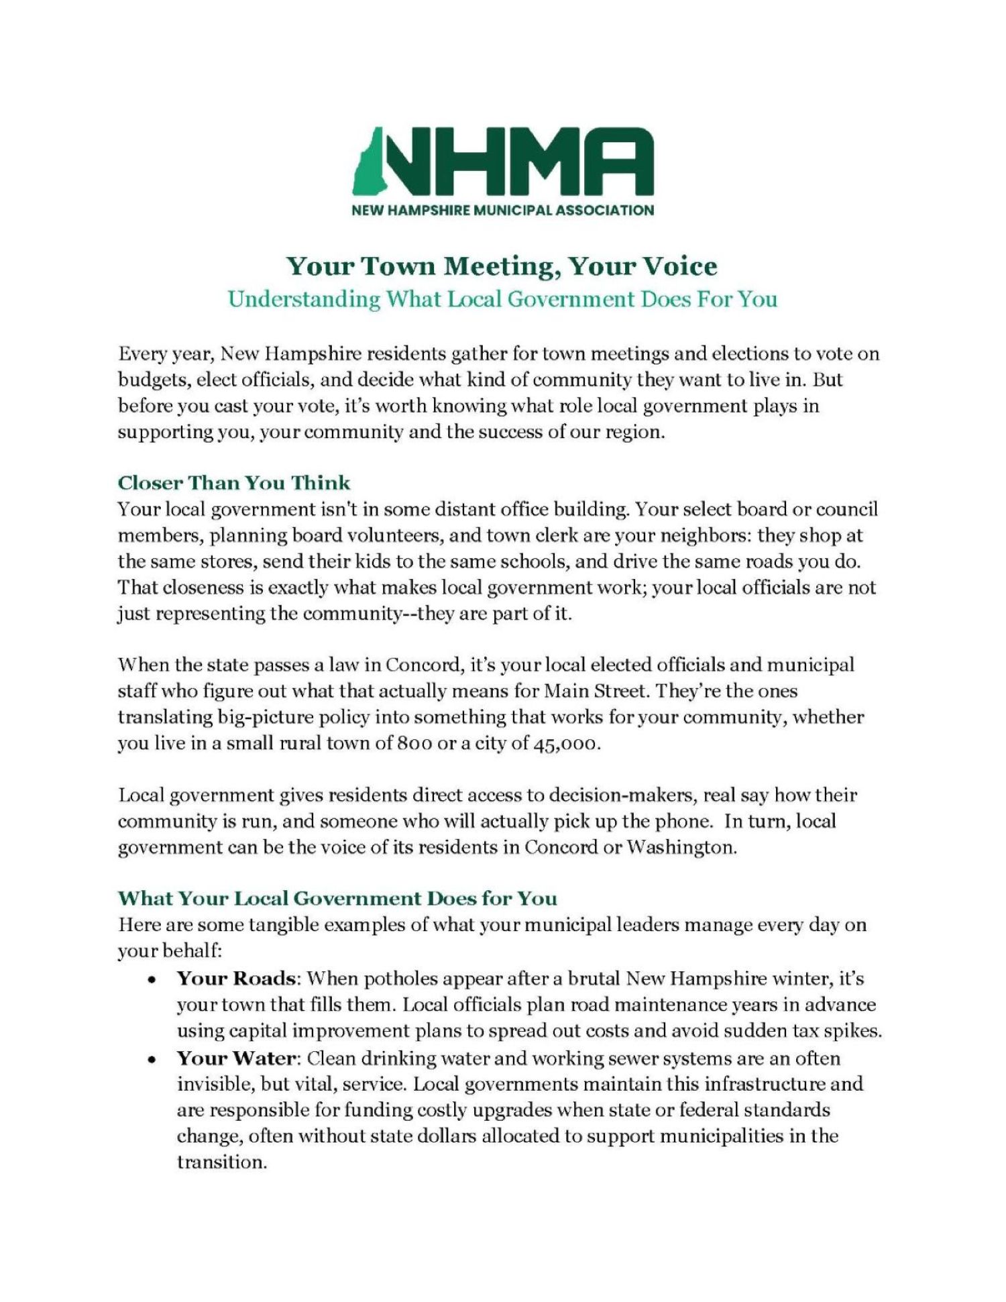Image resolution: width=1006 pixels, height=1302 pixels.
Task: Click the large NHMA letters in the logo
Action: pos(516,161)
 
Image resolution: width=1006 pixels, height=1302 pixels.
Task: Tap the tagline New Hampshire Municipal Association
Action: pos(502,211)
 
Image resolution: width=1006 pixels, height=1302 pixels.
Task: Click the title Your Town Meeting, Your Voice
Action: pos(502,266)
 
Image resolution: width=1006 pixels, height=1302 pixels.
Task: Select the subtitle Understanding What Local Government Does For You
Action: pos(502,299)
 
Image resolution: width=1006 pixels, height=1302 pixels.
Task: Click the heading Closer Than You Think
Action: pos(234,483)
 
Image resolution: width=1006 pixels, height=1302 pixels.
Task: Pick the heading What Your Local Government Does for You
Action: pos(337,898)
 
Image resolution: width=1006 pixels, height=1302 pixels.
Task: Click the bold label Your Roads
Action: pos(236,978)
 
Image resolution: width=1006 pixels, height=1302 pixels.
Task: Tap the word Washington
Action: pos(681,847)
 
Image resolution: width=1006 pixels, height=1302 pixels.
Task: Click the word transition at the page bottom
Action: pos(221,1162)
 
